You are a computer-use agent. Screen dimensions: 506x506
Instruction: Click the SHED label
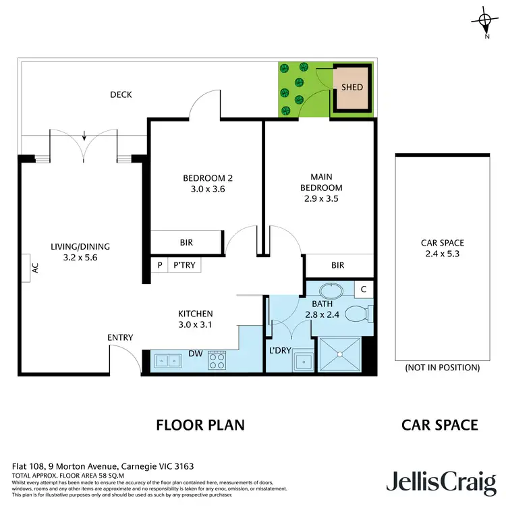point(352,87)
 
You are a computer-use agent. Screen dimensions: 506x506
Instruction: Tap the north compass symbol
point(486,21)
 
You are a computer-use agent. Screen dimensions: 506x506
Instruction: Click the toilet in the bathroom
point(358,314)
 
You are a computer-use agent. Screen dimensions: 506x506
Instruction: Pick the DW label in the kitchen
point(195,353)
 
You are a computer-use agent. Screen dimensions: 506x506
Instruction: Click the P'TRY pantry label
point(184,265)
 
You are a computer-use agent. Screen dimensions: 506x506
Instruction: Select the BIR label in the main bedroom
point(338,265)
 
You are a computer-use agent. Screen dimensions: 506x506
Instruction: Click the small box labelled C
point(363,289)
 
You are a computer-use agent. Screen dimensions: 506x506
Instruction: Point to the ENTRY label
point(120,337)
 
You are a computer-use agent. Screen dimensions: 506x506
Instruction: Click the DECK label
point(121,94)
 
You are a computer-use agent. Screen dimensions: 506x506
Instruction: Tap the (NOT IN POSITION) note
point(442,368)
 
